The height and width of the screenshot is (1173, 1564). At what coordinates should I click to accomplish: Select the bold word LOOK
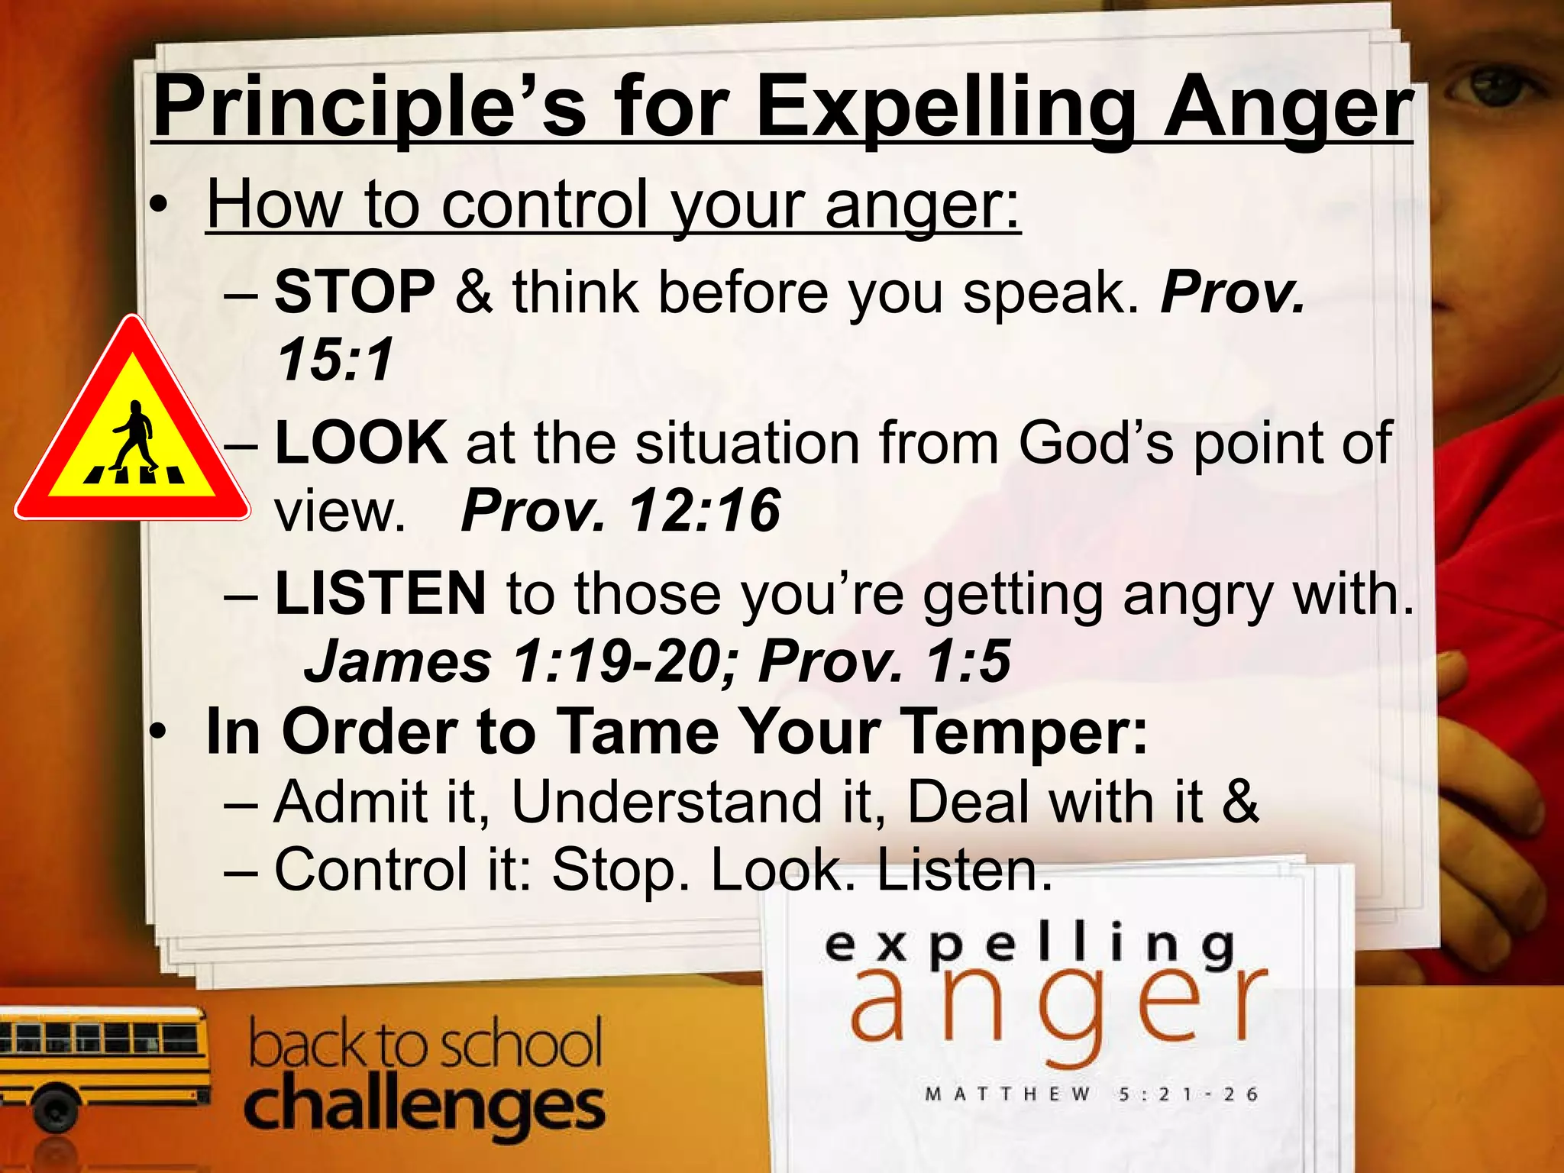click(x=360, y=442)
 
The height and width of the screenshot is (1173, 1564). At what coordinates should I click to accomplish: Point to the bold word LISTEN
click(x=380, y=593)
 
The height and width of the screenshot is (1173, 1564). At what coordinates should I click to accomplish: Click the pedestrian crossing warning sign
click(x=132, y=428)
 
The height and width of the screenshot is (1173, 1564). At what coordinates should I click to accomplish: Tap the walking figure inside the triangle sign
click(x=134, y=436)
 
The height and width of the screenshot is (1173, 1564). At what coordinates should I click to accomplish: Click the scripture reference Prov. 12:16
click(x=620, y=510)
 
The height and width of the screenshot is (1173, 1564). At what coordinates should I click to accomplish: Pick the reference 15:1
click(x=334, y=360)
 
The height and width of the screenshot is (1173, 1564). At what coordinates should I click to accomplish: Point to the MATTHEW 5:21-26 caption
click(x=1091, y=1094)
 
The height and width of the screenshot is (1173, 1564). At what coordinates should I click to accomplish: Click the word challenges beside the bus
click(x=424, y=1107)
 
